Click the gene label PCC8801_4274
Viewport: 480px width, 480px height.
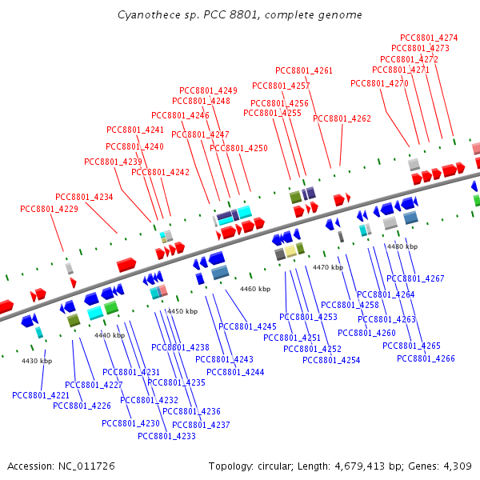click(429, 38)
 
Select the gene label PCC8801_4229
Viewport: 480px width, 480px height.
click(49, 209)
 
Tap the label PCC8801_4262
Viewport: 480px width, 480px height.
click(342, 118)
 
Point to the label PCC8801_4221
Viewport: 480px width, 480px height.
click(41, 395)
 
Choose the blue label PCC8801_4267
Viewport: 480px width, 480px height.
click(415, 278)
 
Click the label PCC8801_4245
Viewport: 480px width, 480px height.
click(247, 326)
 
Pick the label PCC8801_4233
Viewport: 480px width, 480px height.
click(166, 436)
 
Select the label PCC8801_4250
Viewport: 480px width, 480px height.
click(238, 148)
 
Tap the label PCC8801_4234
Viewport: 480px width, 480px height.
click(84, 197)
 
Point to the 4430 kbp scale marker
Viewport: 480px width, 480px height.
click(36, 361)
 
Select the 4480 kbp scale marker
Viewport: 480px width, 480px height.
click(402, 246)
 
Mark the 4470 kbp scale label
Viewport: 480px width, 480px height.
click(327, 267)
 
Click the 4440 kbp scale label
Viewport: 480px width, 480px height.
click(110, 335)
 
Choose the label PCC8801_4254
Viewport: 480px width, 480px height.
click(331, 360)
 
